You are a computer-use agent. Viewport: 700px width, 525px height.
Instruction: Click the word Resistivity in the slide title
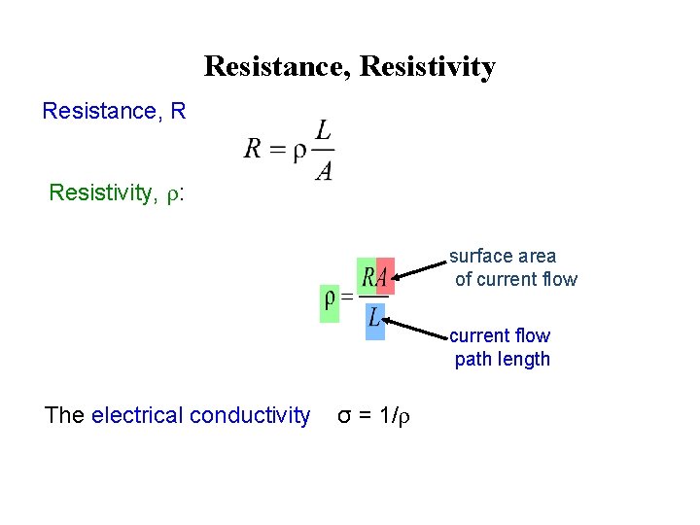(427, 67)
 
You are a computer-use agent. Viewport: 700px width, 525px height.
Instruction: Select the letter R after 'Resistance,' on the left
(177, 112)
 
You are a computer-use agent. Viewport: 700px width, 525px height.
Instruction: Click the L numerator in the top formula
(324, 128)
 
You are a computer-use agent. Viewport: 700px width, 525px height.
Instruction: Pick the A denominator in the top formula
(323, 170)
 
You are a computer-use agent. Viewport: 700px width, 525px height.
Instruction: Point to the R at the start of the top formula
(253, 149)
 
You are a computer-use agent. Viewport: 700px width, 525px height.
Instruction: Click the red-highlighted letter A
(384, 279)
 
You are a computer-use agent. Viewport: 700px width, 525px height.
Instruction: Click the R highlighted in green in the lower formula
(368, 279)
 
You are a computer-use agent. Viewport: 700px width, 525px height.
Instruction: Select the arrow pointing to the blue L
(419, 327)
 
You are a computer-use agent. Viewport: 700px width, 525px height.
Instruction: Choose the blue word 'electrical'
(138, 416)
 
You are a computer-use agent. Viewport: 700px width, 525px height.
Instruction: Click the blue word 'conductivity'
(250, 416)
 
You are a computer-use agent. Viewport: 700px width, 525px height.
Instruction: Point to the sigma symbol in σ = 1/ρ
(344, 417)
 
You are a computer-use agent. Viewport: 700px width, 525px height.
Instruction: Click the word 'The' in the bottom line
(64, 416)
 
